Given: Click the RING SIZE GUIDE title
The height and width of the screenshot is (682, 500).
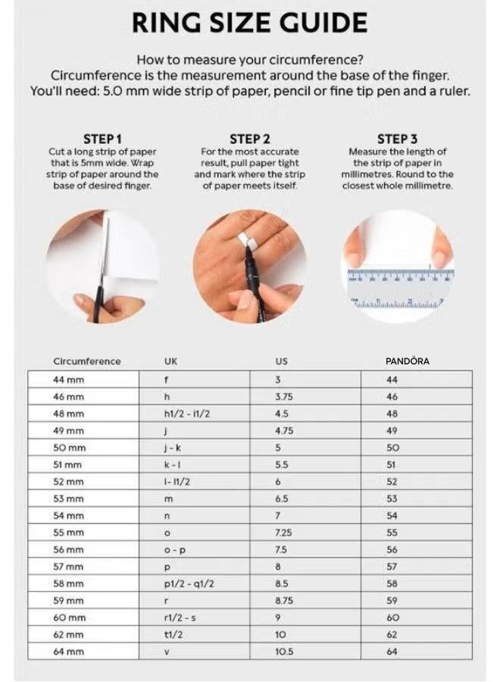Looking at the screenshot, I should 250,23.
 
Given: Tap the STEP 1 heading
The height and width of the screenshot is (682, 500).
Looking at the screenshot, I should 102,139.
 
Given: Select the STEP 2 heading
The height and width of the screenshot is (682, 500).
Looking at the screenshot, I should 249,139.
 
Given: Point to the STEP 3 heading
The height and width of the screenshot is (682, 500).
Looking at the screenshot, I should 397,139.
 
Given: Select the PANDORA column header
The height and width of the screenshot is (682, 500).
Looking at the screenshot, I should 407,361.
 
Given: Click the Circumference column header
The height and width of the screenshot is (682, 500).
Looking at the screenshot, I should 86,361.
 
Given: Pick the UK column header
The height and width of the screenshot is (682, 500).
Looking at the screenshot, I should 171,361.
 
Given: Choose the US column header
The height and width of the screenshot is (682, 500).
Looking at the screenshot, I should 281,361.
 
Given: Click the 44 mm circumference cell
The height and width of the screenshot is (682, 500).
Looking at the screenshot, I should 68,380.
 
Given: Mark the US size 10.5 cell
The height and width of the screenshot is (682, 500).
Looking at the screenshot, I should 284,651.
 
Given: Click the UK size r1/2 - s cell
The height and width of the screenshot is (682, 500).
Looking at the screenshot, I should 180,618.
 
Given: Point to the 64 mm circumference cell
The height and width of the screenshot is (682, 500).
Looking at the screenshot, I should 68,651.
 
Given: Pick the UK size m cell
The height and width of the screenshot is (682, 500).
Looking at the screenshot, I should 168,499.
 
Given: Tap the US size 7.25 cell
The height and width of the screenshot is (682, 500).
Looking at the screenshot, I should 283,533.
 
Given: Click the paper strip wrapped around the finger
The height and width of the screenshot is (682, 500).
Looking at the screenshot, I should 246,242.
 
